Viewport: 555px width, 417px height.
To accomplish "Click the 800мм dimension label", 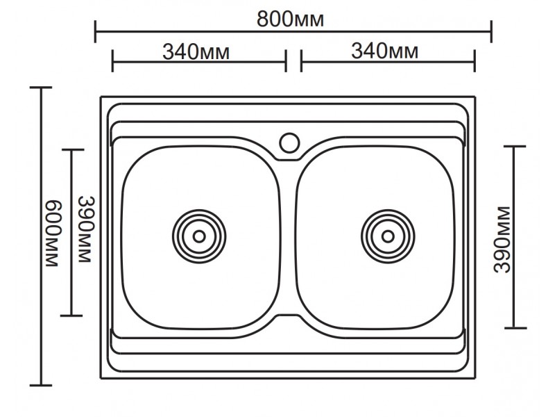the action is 290,19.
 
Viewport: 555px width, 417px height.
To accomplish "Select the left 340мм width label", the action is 196,52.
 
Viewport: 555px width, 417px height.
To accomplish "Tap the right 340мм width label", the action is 384,51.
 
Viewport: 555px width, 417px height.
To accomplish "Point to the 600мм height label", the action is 53,234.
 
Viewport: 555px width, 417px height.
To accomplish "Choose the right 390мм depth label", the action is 502,240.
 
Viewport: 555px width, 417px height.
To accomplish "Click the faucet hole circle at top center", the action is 289,142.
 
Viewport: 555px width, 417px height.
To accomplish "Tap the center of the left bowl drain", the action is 199,236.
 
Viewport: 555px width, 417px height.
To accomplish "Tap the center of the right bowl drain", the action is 388,236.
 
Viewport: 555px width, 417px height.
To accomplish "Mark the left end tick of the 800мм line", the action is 96,31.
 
